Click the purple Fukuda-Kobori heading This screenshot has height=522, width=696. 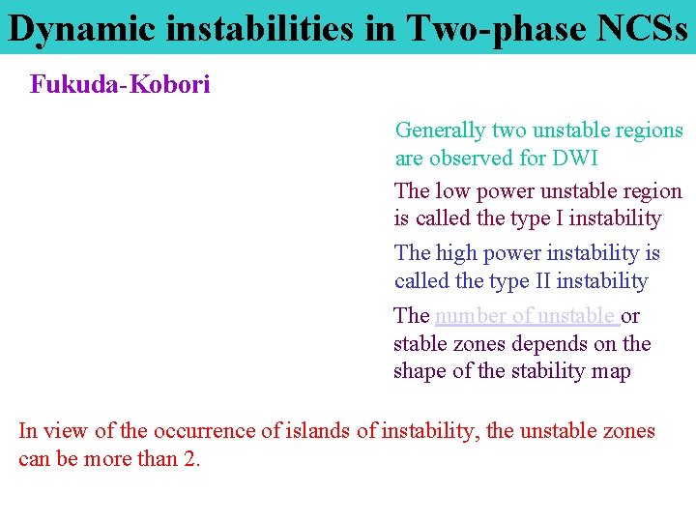[x=120, y=85]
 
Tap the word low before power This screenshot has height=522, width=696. [x=452, y=191]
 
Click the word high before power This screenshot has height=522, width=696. [x=456, y=253]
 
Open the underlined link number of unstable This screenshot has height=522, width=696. [x=526, y=316]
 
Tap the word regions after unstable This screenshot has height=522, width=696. [x=647, y=130]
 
